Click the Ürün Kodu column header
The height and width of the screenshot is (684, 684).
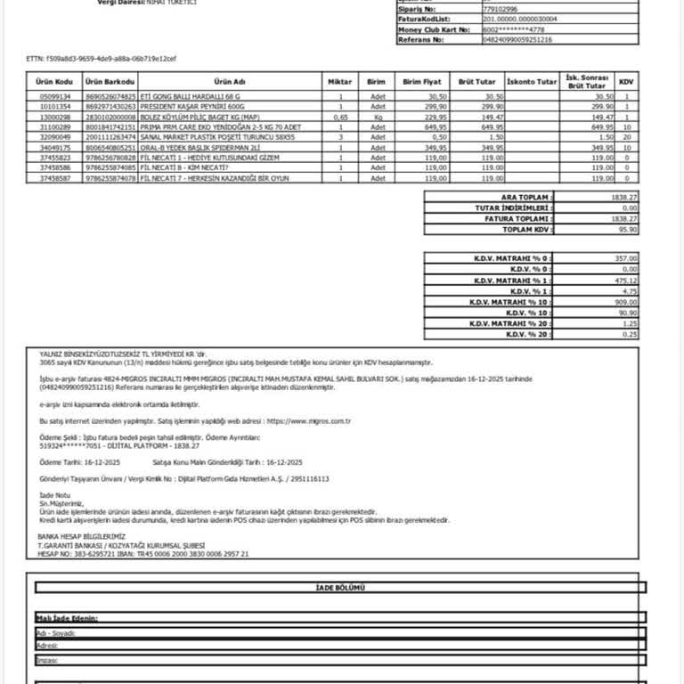coord(53,81)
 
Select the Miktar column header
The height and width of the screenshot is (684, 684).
coord(340,81)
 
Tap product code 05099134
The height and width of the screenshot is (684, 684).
coord(53,96)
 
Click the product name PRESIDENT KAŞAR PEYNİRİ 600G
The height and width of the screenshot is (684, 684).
coord(191,106)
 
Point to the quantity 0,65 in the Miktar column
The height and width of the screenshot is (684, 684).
coord(340,117)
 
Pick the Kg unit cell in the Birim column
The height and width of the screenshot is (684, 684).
coord(379,117)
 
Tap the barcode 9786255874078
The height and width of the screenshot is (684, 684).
coord(110,178)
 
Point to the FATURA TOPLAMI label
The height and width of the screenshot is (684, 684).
coord(518,218)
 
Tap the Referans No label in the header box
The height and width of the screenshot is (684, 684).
coord(419,39)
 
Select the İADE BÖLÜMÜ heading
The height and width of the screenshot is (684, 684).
coord(340,588)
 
